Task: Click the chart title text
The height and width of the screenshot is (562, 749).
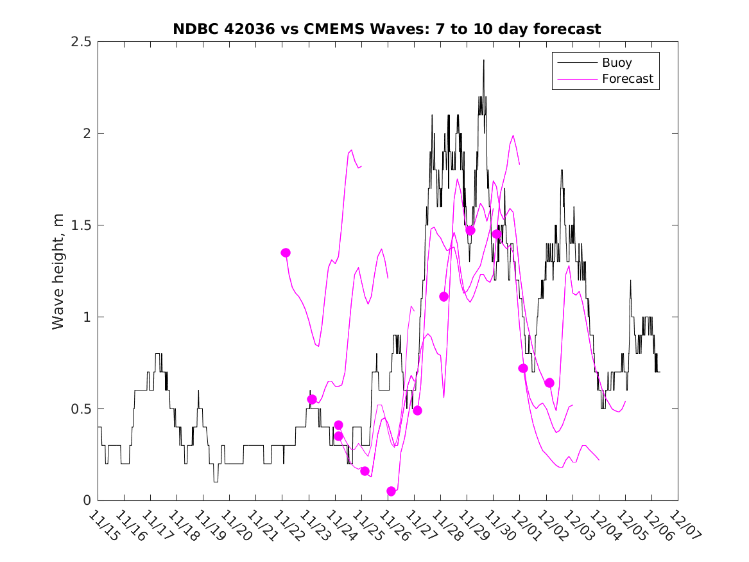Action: click(387, 29)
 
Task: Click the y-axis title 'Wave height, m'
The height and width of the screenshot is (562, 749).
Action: click(58, 271)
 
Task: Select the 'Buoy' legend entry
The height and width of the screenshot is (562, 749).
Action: click(616, 63)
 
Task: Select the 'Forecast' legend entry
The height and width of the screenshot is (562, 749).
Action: click(627, 79)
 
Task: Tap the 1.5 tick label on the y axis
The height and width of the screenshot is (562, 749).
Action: click(81, 225)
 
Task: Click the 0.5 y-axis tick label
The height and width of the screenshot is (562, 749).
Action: click(81, 409)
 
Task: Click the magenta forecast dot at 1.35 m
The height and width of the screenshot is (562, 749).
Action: click(286, 252)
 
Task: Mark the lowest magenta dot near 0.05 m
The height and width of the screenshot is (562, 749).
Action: click(392, 491)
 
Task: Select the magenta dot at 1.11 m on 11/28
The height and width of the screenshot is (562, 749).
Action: click(443, 297)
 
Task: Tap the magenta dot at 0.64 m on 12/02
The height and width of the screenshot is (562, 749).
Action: click(549, 383)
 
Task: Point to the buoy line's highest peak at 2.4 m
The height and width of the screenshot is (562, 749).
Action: click(484, 60)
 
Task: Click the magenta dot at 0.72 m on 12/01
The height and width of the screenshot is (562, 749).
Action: click(523, 368)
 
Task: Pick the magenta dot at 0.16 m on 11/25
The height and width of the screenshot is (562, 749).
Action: click(365, 471)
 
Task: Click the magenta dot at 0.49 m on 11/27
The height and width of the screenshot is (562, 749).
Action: click(417, 410)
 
